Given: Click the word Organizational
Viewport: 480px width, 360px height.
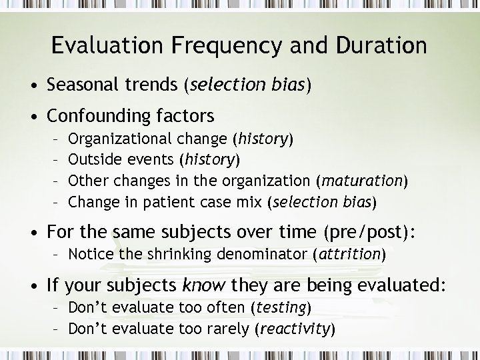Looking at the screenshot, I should pyautogui.click(x=121, y=139).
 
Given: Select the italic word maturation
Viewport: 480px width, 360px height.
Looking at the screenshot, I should pyautogui.click(x=362, y=181).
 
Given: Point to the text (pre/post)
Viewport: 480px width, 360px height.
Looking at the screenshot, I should pyautogui.click(x=370, y=232).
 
